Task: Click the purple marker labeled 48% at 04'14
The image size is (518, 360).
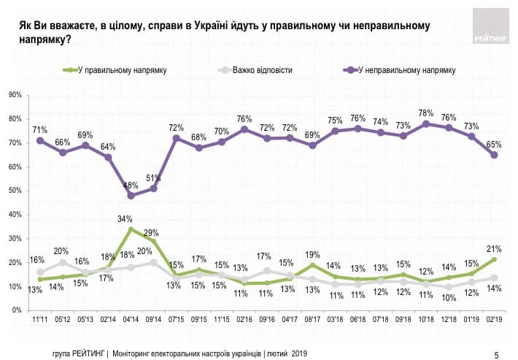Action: [x=131, y=196]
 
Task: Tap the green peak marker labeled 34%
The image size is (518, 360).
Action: [x=131, y=229]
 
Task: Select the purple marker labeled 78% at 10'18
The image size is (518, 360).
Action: [x=427, y=123]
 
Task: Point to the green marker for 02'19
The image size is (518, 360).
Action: [x=495, y=259]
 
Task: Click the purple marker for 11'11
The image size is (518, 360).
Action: [x=40, y=140]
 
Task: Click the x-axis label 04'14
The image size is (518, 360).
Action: [x=131, y=320]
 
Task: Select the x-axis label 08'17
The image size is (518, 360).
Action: [x=312, y=320]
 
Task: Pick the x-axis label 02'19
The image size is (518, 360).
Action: [x=495, y=320]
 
